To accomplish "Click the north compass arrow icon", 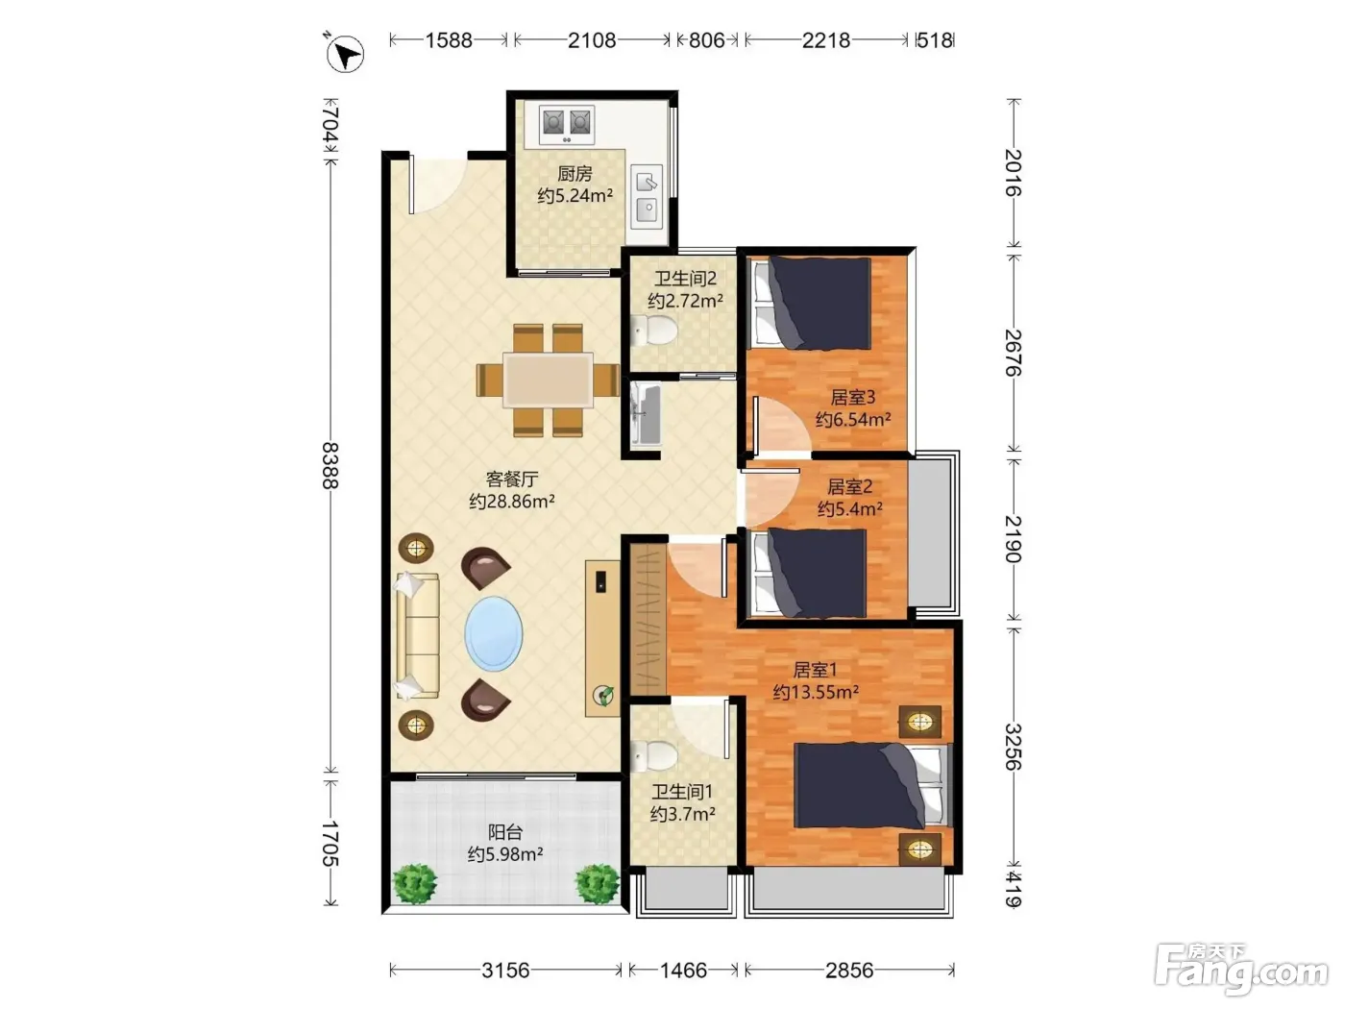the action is tap(345, 54).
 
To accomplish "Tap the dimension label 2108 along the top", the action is tap(591, 40).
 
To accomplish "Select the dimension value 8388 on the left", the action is tap(330, 466).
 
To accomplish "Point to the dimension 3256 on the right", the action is tap(1013, 748).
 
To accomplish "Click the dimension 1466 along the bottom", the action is tap(683, 971).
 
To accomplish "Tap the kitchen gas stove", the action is tap(567, 125).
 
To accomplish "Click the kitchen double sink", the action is tap(648, 197).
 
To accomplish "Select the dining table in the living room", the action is tap(548, 380).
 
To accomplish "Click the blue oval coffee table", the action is tap(493, 634).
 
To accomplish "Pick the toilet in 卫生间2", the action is tap(653, 332).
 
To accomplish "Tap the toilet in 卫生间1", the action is tap(653, 756).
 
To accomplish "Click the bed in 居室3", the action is tap(811, 304).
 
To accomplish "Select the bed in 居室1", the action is tap(872, 786).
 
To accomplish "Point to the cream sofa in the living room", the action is tap(417, 635).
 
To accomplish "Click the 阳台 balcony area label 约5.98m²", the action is tap(505, 854).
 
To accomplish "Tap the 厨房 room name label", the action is tap(575, 174).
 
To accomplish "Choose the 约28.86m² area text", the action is tap(512, 502).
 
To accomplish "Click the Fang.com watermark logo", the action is tap(1242, 970).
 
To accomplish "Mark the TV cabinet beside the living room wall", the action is tap(602, 638).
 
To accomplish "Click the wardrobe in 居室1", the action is tap(648, 620).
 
